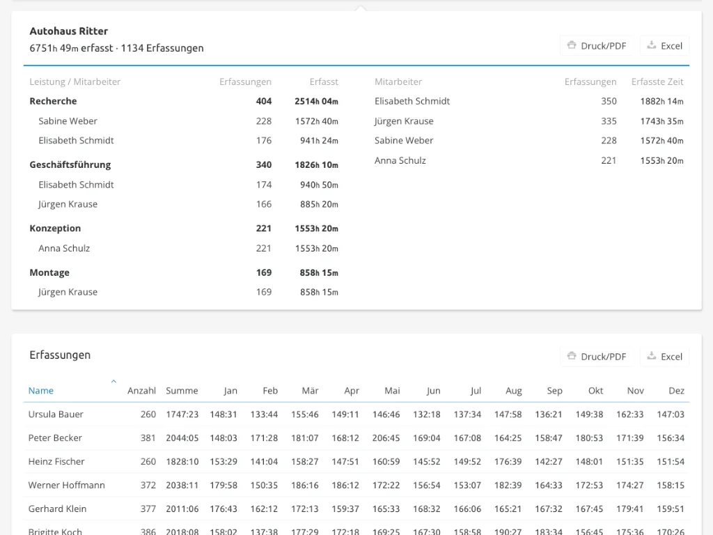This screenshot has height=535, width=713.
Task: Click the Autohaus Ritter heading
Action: tap(69, 31)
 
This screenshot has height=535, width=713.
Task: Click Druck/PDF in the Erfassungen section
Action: tap(596, 357)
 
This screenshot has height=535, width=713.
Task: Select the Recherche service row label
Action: tap(53, 101)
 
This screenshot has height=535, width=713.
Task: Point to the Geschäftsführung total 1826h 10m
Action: tap(317, 164)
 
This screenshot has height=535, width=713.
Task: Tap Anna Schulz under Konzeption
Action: tap(64, 249)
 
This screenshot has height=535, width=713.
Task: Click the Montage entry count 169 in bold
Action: tap(264, 272)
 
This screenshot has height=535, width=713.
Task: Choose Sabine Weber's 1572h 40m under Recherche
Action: tap(319, 121)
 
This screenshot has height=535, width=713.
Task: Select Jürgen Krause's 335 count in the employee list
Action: tap(609, 121)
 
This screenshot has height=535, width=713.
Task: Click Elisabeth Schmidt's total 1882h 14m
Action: tap(661, 101)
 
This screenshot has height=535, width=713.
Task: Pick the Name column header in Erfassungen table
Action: tap(41, 390)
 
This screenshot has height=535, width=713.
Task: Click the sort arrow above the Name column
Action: tap(113, 381)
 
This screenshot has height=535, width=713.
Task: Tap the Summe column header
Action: tap(182, 390)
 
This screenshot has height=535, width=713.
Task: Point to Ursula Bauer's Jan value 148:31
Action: tap(224, 414)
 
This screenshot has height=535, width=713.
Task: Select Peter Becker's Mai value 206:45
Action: tap(386, 437)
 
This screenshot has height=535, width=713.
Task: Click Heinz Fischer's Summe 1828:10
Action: tap(182, 461)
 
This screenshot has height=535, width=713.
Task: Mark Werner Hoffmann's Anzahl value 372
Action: tap(148, 485)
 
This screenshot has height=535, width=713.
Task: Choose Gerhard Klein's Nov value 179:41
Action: tap(629, 509)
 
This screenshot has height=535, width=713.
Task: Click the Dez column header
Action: tap(677, 390)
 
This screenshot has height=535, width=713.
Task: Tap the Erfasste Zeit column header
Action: tap(657, 82)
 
